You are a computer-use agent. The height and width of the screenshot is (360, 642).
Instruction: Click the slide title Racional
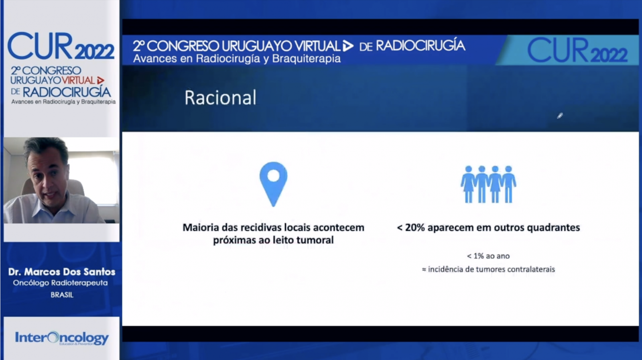[x=220, y=98]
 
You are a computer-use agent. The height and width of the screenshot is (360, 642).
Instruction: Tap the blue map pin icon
[x=273, y=183]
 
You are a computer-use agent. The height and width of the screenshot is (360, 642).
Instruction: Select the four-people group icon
[x=488, y=184]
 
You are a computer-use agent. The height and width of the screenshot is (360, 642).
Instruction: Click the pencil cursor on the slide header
[x=560, y=116]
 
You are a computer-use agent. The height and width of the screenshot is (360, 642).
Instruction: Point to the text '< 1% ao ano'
[x=488, y=256]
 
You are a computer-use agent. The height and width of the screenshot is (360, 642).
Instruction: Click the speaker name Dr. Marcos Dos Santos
[x=62, y=272]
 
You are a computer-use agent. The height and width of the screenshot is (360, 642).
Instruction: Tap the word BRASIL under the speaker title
[x=62, y=295]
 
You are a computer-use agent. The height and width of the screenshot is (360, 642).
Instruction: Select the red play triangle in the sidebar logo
[x=101, y=80]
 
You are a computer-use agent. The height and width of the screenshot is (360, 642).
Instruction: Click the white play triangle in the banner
[x=348, y=46]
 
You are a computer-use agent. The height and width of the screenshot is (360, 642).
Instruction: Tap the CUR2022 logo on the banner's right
[x=577, y=50]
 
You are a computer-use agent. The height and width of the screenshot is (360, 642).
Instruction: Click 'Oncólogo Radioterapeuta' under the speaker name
[x=60, y=283]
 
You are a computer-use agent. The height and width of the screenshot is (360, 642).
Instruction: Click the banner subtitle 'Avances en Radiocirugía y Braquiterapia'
[x=237, y=59]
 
